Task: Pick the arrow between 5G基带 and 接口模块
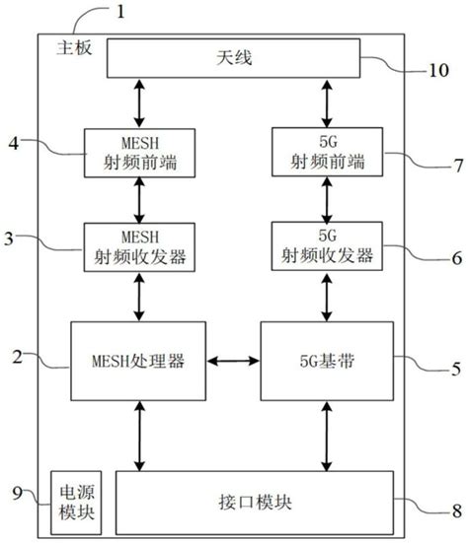[x=325, y=437]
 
